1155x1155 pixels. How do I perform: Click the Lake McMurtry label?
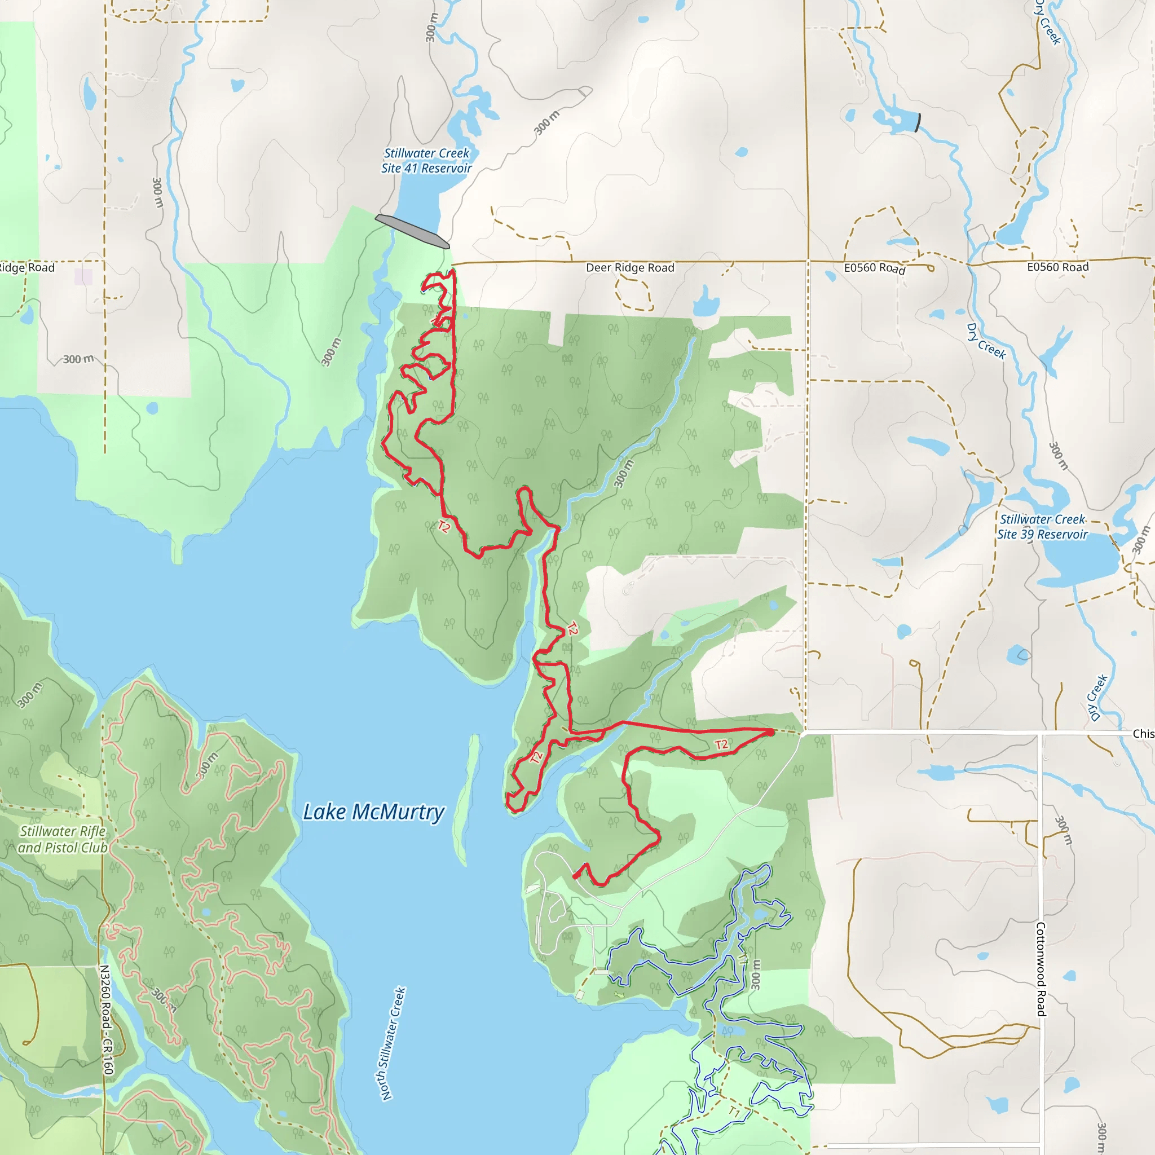(374, 812)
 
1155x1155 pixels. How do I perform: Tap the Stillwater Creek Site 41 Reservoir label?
(426, 161)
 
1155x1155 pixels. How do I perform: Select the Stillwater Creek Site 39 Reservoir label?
(1042, 527)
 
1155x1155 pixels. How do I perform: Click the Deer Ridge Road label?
(629, 268)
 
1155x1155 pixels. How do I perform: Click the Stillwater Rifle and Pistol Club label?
(63, 839)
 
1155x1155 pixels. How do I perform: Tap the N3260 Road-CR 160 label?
(105, 1020)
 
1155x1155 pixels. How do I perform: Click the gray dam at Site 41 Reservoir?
(412, 231)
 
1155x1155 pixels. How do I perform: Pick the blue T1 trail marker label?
(734, 1112)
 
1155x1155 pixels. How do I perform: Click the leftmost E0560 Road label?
(874, 268)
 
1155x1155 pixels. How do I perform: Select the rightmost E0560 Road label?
(1057, 267)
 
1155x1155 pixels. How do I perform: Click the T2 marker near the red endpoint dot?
(721, 744)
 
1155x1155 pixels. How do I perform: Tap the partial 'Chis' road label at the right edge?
(1143, 734)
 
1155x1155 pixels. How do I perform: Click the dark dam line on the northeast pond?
(918, 122)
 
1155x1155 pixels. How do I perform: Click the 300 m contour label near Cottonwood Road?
(1064, 830)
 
